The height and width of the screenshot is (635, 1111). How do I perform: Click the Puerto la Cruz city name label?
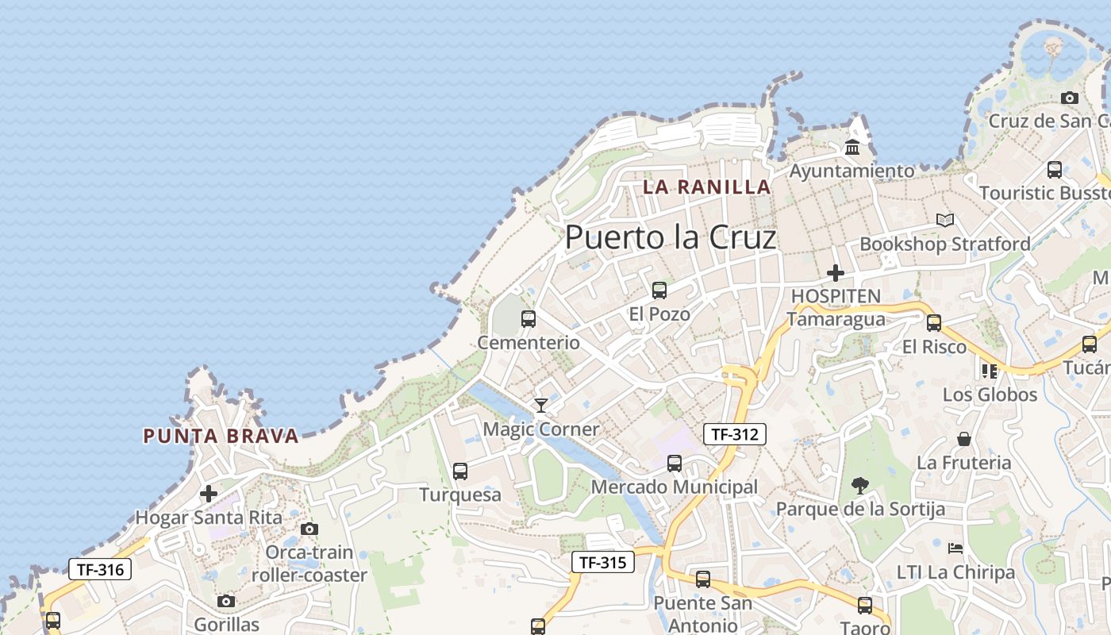tap(671, 237)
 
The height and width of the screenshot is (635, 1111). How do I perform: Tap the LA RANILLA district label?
tap(707, 187)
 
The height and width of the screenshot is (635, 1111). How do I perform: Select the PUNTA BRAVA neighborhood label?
tap(221, 436)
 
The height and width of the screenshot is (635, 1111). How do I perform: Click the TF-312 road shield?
tap(734, 434)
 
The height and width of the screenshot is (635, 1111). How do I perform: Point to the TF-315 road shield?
tap(603, 563)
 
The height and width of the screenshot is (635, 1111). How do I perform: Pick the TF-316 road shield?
tap(99, 569)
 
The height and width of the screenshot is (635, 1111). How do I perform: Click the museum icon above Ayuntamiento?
tap(853, 148)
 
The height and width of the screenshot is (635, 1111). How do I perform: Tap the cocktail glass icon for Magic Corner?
tap(541, 406)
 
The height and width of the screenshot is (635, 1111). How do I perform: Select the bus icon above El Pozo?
tap(659, 291)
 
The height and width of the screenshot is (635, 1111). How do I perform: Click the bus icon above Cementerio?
tap(529, 319)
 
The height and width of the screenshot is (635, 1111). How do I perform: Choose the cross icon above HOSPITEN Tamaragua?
tap(835, 273)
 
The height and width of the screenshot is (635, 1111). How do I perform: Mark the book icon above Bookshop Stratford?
tap(944, 220)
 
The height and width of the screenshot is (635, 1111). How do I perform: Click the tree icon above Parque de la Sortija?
tap(859, 485)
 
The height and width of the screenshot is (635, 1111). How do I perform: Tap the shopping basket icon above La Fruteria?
tap(964, 439)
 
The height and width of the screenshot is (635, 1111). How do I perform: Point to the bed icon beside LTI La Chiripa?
tap(955, 548)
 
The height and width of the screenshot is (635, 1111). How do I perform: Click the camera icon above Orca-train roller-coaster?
tap(309, 529)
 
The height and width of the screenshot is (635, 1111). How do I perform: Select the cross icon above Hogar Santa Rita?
tap(209, 494)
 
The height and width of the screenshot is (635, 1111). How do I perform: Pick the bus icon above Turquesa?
tap(460, 471)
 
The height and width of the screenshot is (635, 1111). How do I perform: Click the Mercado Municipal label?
tap(675, 487)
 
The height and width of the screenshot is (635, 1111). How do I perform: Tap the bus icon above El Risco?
tap(934, 323)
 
